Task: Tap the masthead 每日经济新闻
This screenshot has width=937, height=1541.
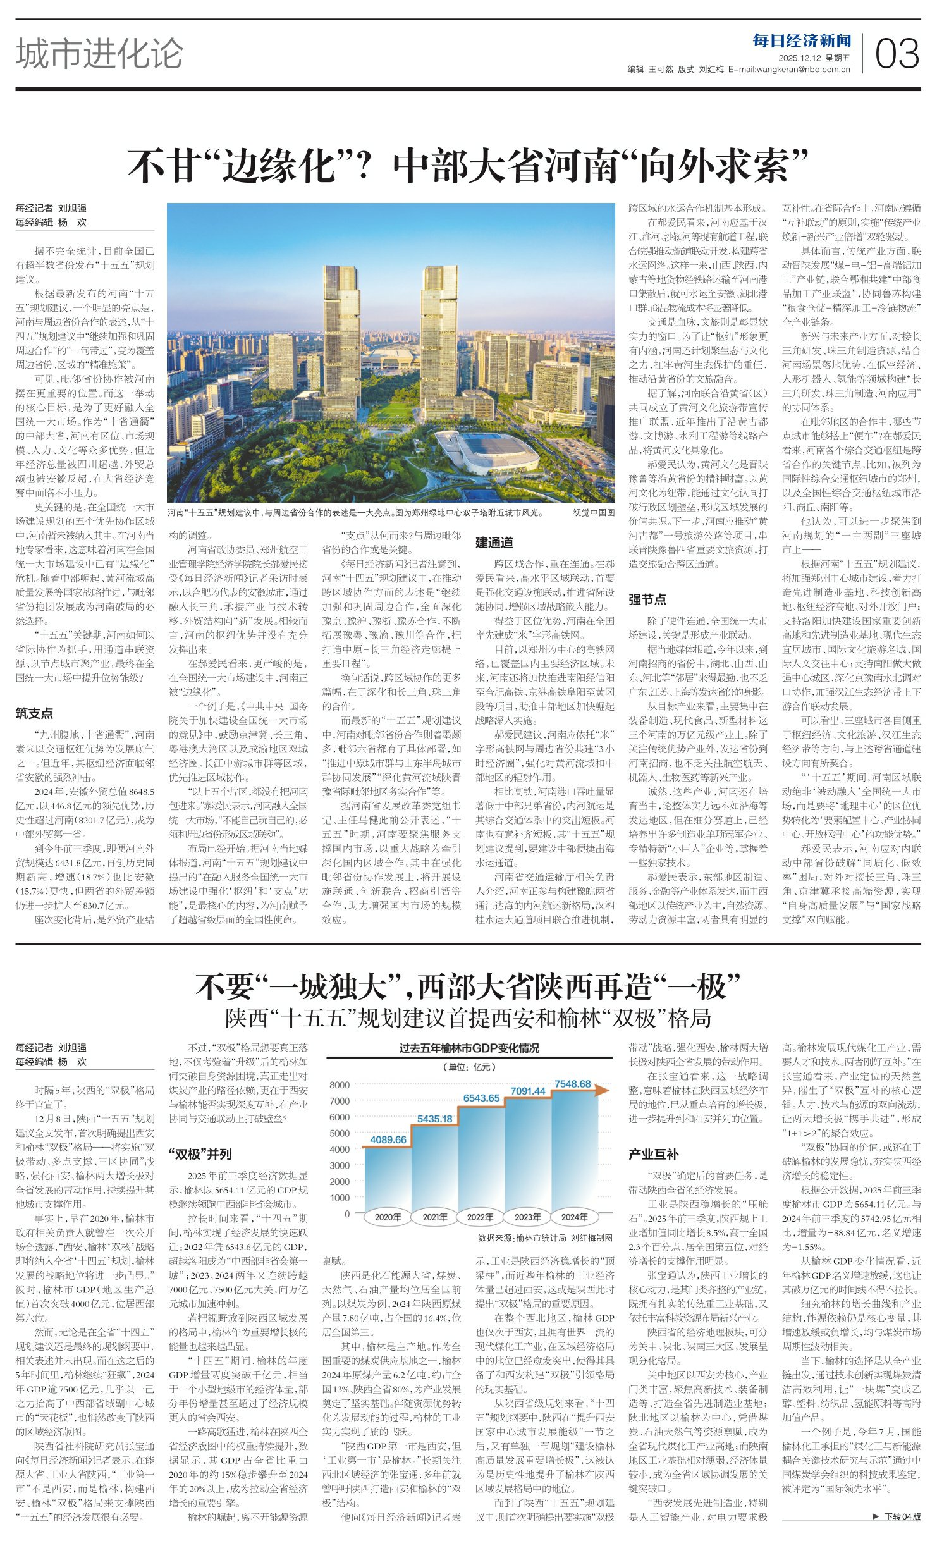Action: [802, 41]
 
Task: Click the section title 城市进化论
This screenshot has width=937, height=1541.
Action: [99, 53]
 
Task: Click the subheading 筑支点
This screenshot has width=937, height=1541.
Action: [34, 713]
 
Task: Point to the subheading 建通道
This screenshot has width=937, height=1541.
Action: [494, 543]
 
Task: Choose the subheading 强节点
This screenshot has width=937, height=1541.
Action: [647, 599]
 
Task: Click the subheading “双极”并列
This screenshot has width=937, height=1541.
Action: [200, 1154]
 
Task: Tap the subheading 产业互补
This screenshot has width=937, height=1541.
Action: [654, 1154]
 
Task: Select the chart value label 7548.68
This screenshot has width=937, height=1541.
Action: [572, 1084]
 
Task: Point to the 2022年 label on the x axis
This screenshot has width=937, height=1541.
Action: [481, 1217]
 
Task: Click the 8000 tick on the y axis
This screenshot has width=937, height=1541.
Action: [340, 1085]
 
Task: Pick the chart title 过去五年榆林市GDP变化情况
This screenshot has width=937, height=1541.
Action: [468, 1048]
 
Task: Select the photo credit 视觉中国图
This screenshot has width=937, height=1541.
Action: [593, 513]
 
